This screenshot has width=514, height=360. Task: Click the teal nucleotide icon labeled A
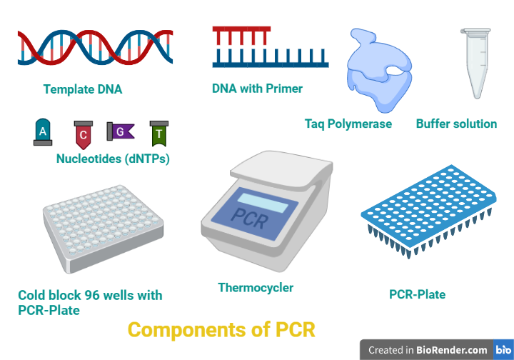coord(43,132)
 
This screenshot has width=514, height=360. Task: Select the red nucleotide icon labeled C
coord(84,135)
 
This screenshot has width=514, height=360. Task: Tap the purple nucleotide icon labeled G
coord(121,131)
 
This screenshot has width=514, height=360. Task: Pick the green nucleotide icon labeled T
coord(159,134)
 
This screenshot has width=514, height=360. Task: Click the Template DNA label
coord(83,89)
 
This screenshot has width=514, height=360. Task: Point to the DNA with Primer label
coord(257,88)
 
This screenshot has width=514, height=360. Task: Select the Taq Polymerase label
coord(348,124)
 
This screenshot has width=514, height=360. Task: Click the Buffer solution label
coord(456,124)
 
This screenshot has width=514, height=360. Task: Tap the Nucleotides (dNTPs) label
coord(113,159)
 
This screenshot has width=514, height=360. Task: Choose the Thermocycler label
coord(256,288)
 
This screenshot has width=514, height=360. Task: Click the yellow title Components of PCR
coord(221,329)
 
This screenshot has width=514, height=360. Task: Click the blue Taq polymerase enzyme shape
coord(378,71)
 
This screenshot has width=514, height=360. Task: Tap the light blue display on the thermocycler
coord(263,203)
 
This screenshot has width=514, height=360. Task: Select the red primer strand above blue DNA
coord(241,35)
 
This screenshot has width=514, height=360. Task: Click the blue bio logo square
coord(503,349)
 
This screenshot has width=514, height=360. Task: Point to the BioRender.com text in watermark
coord(451,350)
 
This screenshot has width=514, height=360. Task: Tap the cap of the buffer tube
coord(475,31)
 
